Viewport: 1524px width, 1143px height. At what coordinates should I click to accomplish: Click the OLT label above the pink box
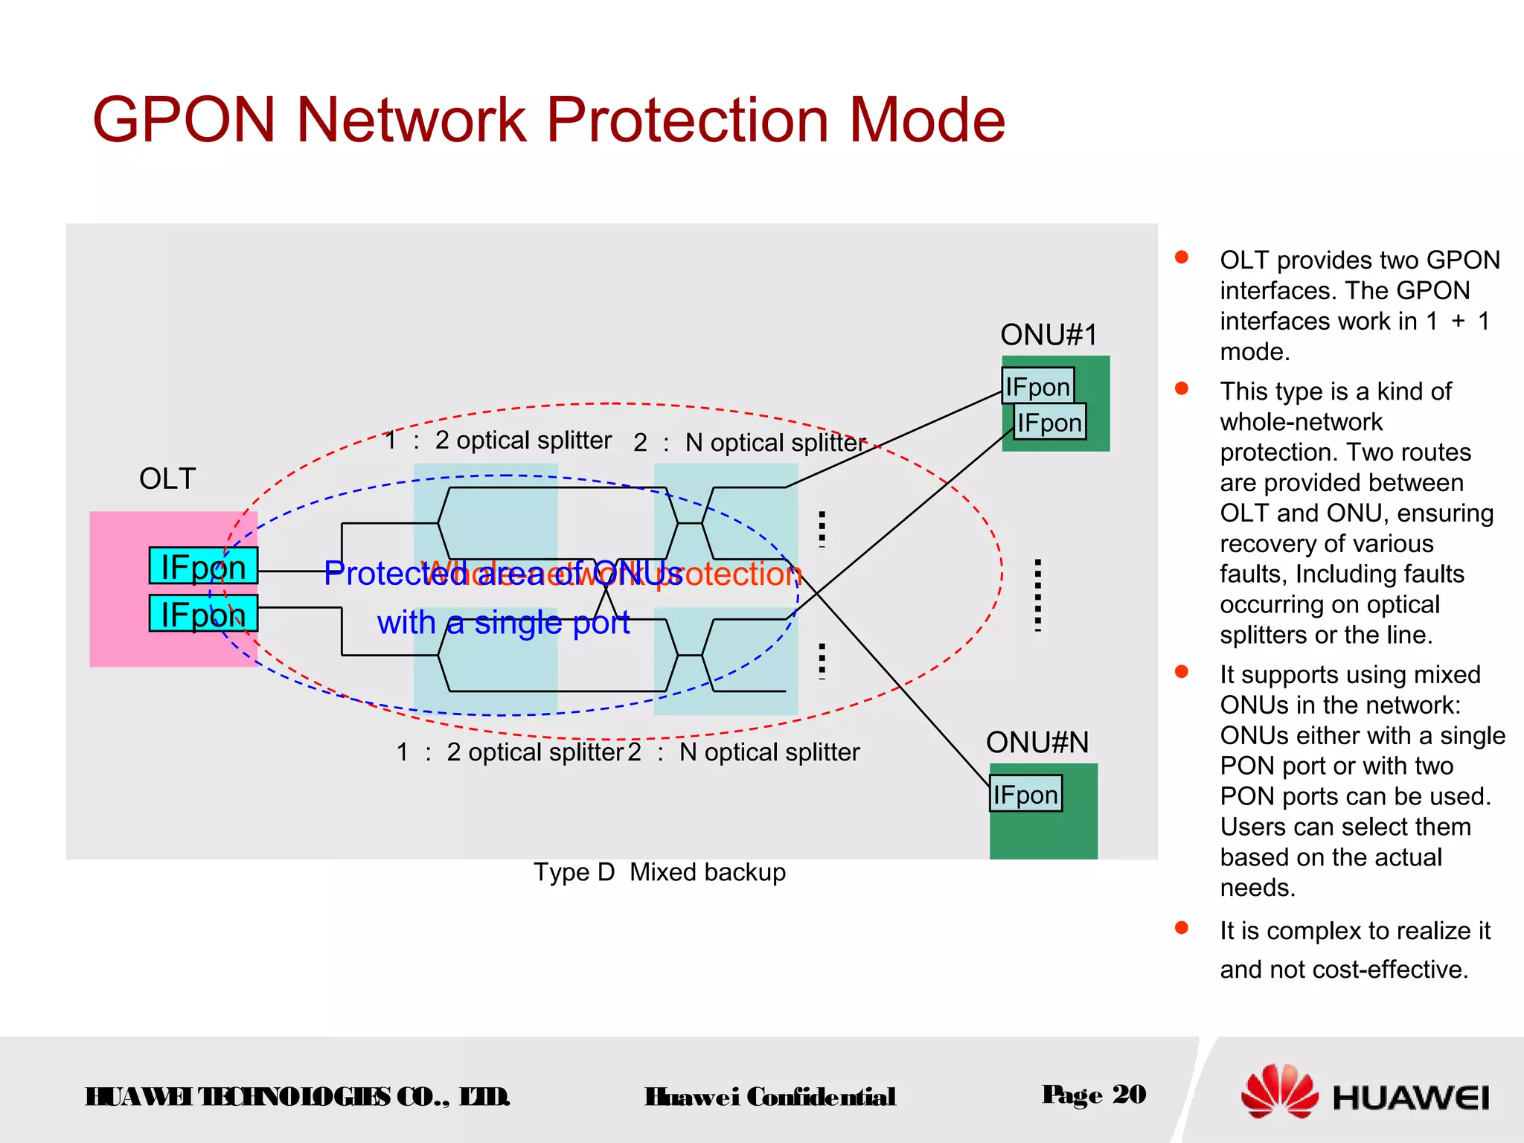click(167, 478)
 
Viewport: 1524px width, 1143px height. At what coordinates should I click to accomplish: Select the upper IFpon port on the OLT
click(203, 566)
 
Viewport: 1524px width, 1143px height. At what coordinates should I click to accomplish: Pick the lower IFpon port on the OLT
click(203, 614)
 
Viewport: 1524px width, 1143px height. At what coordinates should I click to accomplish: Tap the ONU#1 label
click(1048, 335)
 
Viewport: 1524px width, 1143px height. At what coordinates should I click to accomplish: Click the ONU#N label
click(1037, 742)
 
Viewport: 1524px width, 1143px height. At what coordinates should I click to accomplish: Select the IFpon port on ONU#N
click(1025, 794)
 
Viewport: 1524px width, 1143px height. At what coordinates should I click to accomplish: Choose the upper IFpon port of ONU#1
click(1037, 386)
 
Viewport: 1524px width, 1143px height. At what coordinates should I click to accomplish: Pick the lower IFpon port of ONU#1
click(1049, 422)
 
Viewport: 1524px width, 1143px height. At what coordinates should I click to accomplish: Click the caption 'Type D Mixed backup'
click(659, 872)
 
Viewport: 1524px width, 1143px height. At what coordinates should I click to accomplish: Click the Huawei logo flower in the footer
click(1279, 1092)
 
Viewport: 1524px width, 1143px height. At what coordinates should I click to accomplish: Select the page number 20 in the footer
click(1129, 1094)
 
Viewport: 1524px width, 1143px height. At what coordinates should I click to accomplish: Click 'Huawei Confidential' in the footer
click(769, 1096)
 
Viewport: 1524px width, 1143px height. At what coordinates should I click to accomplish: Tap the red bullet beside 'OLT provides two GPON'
click(1181, 257)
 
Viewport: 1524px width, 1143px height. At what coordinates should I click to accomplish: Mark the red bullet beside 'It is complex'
click(1181, 927)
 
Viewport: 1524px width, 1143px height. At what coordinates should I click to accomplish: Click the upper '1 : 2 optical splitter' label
click(498, 440)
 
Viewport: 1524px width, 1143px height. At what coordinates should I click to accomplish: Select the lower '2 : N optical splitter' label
click(743, 752)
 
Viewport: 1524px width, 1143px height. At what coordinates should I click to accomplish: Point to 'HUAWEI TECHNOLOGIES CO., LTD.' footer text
click(297, 1096)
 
